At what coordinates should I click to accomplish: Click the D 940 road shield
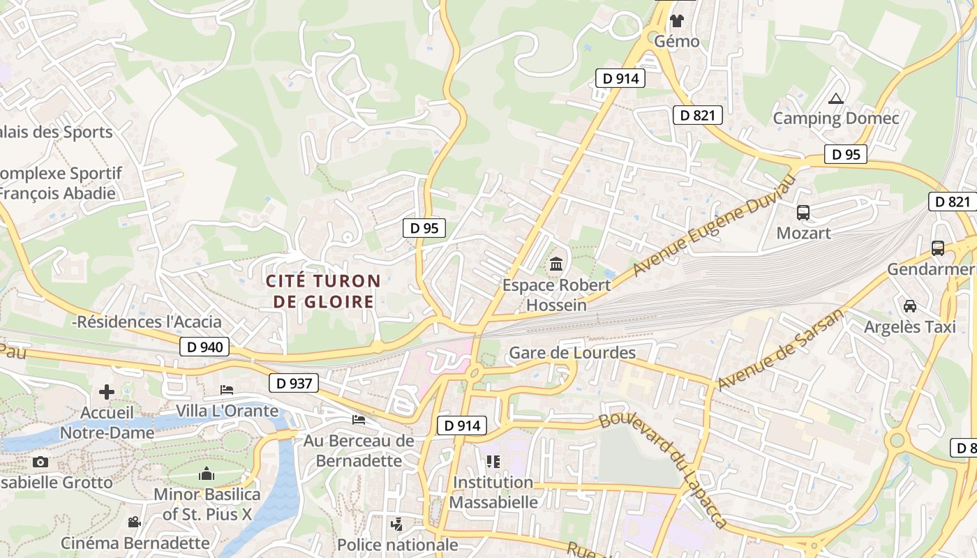(x=204, y=347)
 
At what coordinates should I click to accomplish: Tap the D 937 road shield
(x=294, y=383)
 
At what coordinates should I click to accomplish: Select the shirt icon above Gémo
(x=676, y=20)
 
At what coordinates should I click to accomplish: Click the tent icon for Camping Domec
(x=835, y=98)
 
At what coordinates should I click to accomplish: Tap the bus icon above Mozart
(x=803, y=213)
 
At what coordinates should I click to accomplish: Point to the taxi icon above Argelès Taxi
(x=910, y=306)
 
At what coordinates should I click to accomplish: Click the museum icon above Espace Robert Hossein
(x=556, y=264)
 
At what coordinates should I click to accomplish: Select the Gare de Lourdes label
(x=572, y=353)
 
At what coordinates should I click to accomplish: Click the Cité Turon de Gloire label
(x=323, y=292)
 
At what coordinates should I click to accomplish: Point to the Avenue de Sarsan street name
(x=780, y=349)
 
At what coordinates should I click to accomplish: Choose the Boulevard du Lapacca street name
(x=664, y=469)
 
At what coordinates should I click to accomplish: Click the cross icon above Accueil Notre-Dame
(x=107, y=392)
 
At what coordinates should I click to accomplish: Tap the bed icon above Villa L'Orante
(x=227, y=389)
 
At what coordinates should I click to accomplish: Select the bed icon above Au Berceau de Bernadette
(x=359, y=419)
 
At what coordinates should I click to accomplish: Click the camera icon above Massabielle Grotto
(x=40, y=462)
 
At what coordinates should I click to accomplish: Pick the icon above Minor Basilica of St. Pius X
(x=207, y=474)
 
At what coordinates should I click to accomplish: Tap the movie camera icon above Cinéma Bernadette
(x=134, y=522)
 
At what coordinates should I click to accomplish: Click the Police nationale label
(x=397, y=545)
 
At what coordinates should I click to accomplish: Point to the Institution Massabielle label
(x=493, y=492)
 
